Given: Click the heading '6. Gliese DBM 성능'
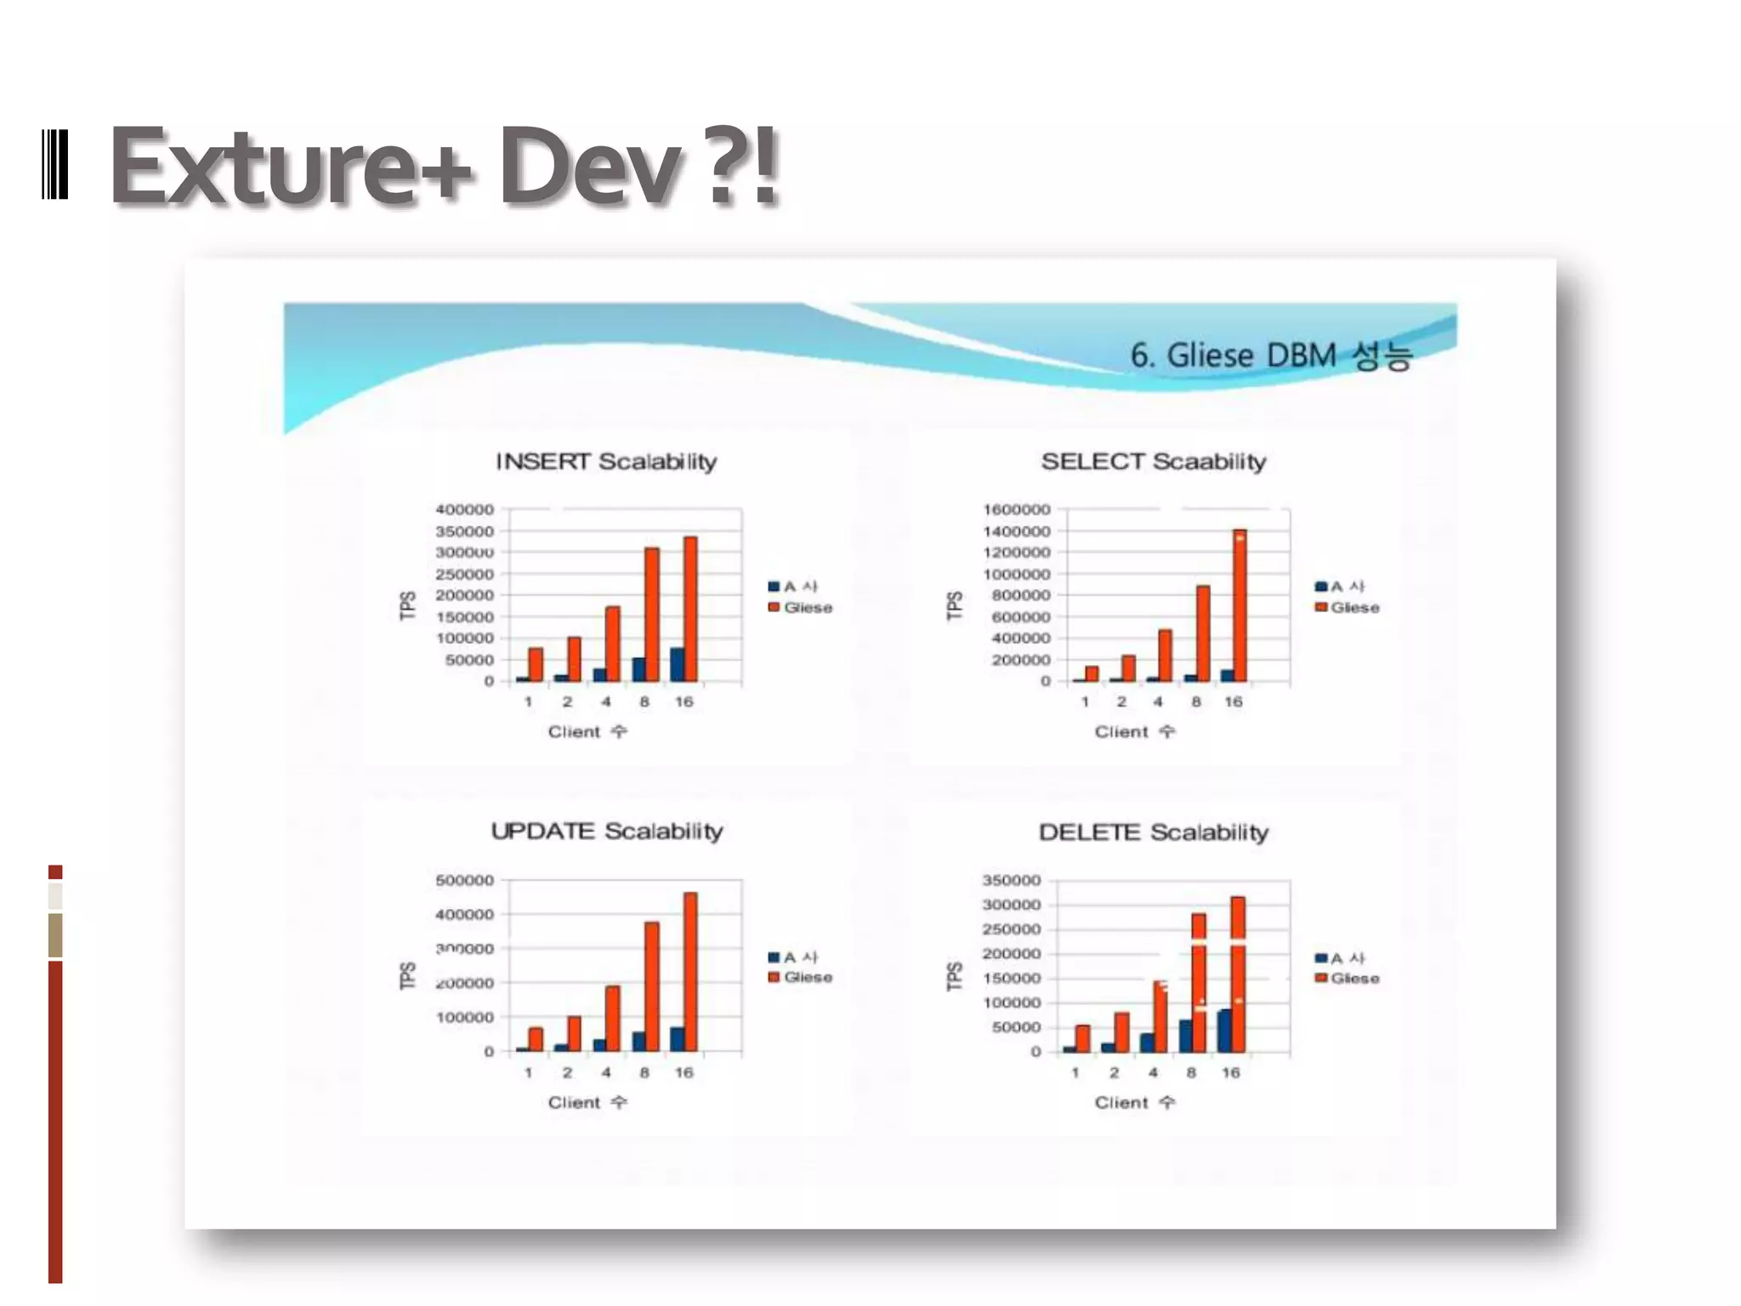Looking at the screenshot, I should point(1270,355).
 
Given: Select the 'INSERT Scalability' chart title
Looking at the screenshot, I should point(606,462).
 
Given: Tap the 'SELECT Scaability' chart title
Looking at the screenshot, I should point(1154,462).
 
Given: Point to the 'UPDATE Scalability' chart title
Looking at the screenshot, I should point(606,831).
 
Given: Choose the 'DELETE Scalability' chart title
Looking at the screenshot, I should point(1154,832).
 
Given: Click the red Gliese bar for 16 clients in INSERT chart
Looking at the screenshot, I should point(690,608).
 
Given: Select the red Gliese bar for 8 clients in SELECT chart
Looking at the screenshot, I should point(1203,633).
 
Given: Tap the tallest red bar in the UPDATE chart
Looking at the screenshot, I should point(690,971).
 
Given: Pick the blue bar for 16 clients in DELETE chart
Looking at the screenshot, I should point(1224,1031).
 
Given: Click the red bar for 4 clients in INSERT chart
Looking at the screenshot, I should point(613,644).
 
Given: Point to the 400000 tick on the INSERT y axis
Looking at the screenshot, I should point(464,509).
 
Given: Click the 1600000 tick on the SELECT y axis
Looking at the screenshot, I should point(1017,509).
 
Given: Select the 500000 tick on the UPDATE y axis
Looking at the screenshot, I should point(464,880).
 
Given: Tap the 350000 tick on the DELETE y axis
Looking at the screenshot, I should point(1012,880).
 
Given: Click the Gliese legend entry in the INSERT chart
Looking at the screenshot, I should point(801,607).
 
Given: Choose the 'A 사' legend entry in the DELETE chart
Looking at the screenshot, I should point(1341,958).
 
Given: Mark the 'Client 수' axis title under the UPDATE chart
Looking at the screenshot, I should point(587,1103).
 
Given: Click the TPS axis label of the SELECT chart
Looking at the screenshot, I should point(955,605).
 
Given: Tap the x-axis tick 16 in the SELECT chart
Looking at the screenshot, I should point(1233,701).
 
